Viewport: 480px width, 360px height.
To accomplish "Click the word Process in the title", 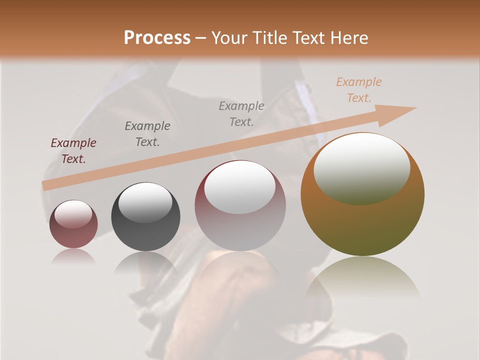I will (x=157, y=38).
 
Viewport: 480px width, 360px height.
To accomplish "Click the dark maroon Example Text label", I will (x=73, y=151).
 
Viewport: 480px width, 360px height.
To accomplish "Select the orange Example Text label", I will (x=359, y=90).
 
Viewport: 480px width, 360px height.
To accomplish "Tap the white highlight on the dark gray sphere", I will (x=145, y=203).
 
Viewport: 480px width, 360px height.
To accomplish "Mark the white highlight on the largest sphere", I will (x=361, y=169).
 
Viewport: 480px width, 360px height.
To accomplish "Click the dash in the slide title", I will (x=201, y=38).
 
